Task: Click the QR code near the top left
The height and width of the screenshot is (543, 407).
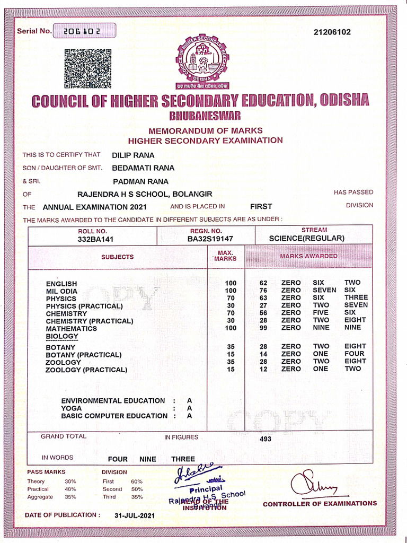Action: pyautogui.click(x=87, y=68)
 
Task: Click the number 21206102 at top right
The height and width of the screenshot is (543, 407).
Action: pyautogui.click(x=332, y=32)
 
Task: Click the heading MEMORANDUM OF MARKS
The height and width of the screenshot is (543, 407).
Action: pyautogui.click(x=205, y=130)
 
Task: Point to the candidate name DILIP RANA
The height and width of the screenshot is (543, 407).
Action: pyautogui.click(x=133, y=155)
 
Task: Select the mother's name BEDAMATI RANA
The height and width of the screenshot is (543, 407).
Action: pyautogui.click(x=143, y=168)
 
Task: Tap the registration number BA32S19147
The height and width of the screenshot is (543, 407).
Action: pyautogui.click(x=210, y=239)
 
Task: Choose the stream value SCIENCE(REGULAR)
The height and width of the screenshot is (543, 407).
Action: pyautogui.click(x=306, y=238)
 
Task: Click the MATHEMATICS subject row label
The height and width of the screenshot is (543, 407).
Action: pyautogui.click(x=71, y=329)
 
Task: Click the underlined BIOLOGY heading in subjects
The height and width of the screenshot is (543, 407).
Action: pyautogui.click(x=61, y=336)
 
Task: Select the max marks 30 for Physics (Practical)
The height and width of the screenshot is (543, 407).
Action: pyautogui.click(x=231, y=306)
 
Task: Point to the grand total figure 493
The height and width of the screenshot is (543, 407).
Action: pyautogui.click(x=266, y=439)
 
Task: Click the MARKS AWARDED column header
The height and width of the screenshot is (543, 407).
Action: pyautogui.click(x=308, y=256)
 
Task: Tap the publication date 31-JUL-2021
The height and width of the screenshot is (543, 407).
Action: pyautogui.click(x=135, y=515)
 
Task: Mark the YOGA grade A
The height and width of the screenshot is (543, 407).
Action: pyautogui.click(x=189, y=408)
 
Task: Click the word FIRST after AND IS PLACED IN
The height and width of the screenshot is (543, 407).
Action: pyautogui.click(x=261, y=206)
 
